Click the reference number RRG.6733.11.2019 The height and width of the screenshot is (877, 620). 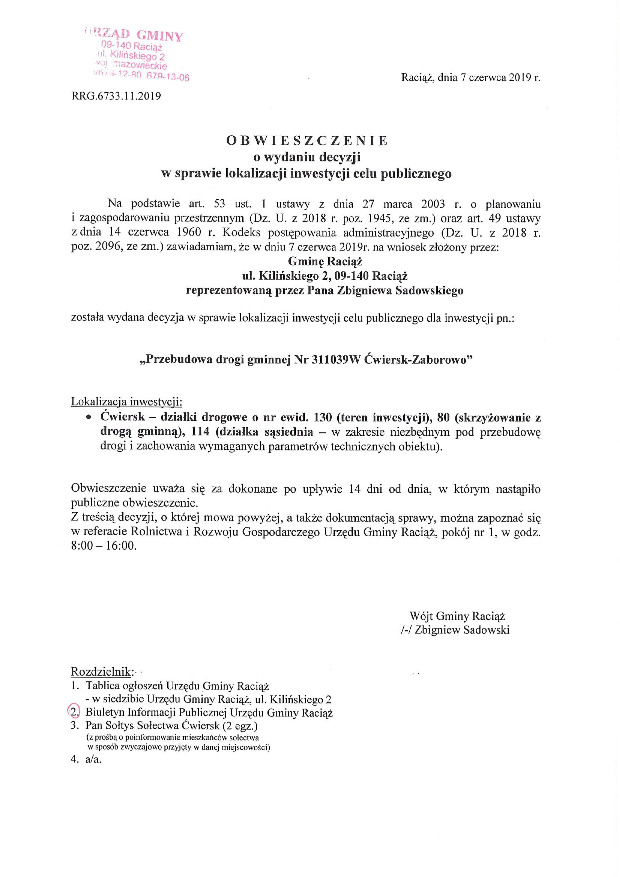coord(116,96)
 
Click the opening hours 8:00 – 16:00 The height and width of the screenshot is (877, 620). coord(104,546)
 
